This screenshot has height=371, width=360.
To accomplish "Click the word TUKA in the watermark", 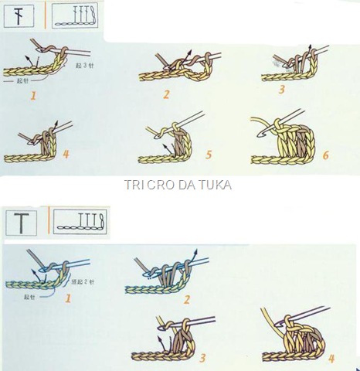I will (x=216, y=185).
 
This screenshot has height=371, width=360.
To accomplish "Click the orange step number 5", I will (x=209, y=155).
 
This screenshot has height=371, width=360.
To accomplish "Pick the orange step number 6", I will (x=325, y=155).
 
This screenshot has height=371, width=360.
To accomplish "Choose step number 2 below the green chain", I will (x=185, y=298).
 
